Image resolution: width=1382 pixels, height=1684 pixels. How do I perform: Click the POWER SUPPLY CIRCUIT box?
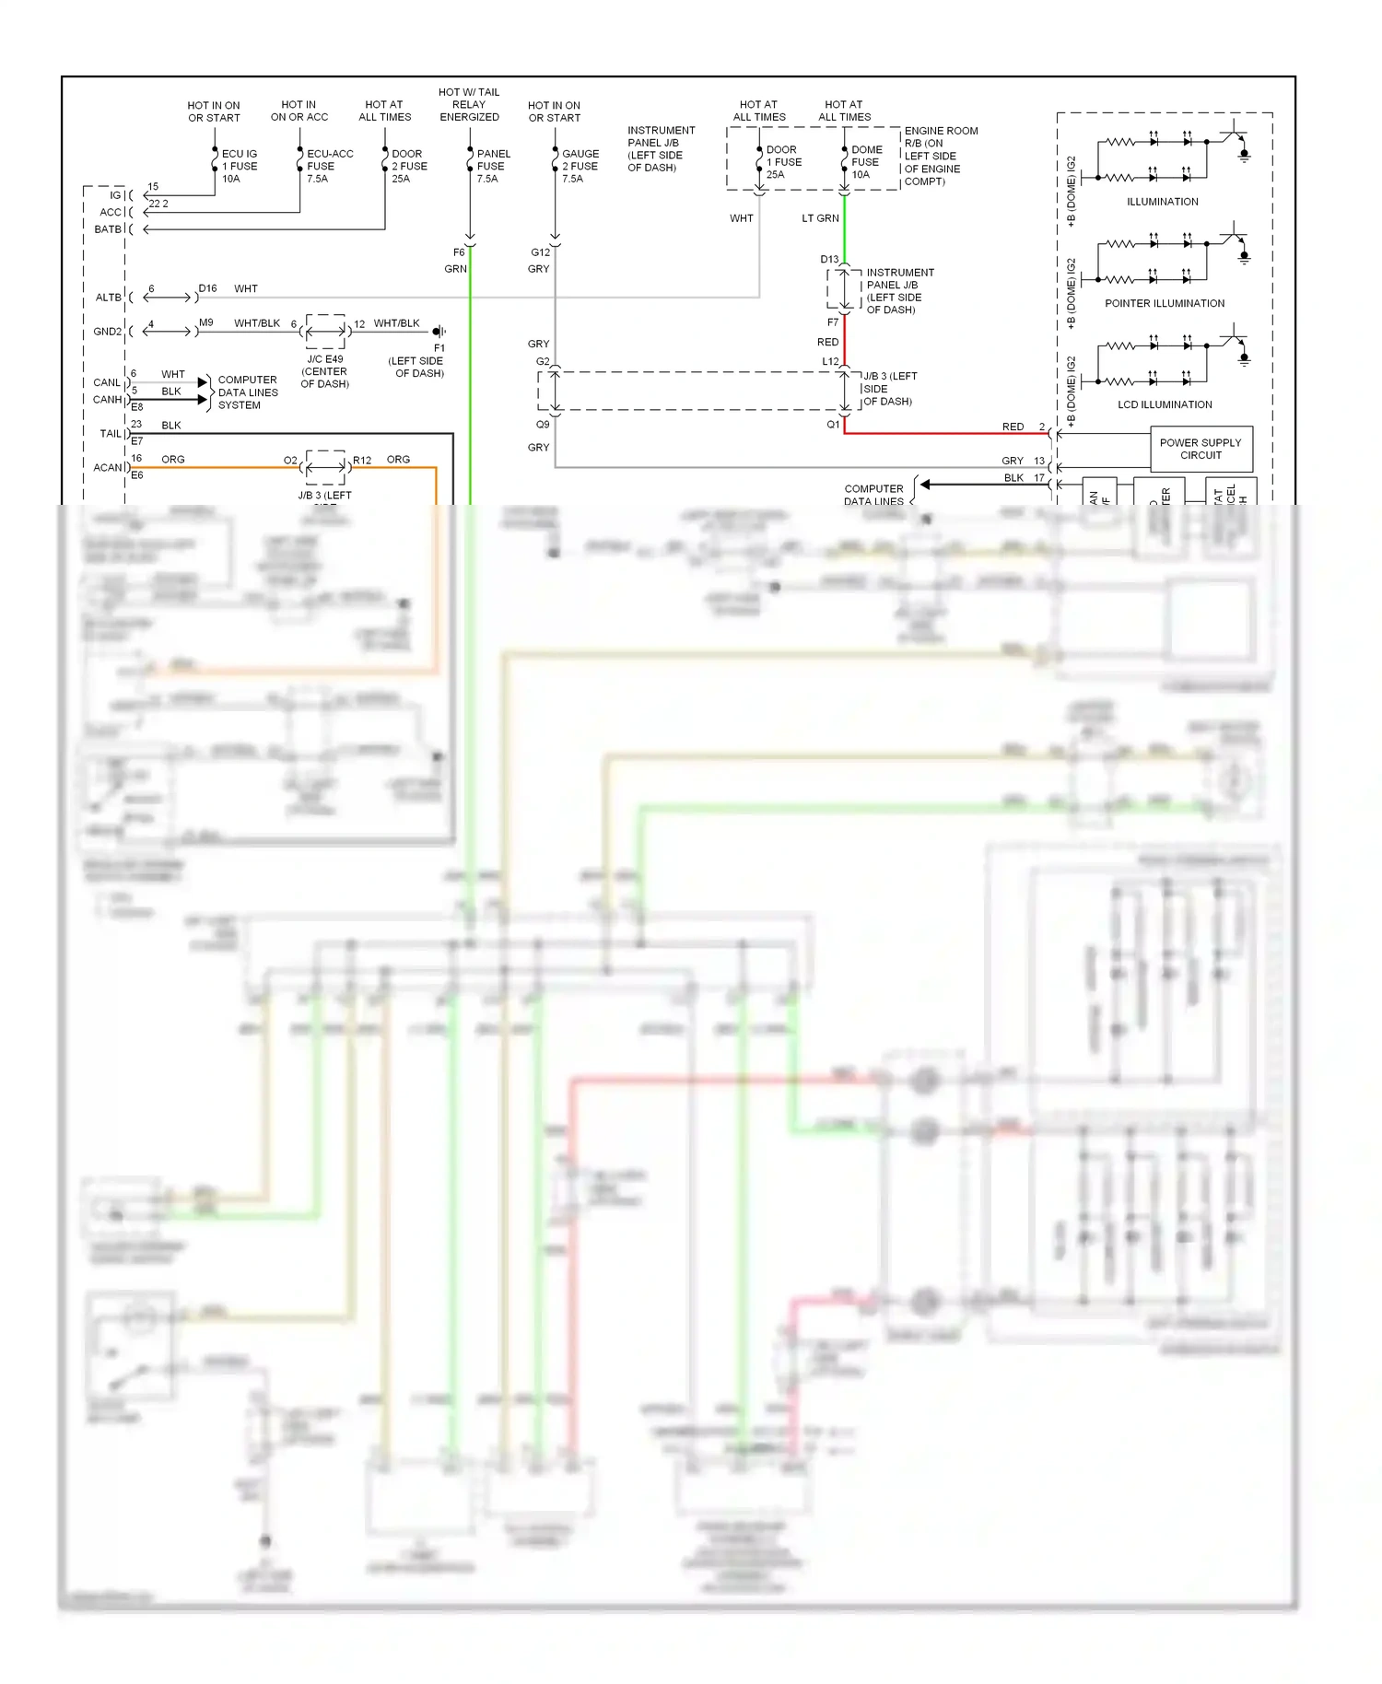1200,449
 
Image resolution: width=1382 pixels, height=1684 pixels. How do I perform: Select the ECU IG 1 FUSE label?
239,167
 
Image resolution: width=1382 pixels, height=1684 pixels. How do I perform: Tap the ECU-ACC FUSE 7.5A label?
329,167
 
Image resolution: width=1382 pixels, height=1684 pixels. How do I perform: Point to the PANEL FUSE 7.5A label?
493,167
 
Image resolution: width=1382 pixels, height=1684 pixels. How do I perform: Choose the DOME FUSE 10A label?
866,162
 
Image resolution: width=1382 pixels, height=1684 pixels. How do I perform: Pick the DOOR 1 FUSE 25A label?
783,162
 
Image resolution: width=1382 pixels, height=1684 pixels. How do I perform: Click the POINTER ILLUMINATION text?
1165,303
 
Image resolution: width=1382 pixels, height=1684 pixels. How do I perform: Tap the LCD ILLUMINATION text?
1165,404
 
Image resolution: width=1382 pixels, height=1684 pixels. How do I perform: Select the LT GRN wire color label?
820,218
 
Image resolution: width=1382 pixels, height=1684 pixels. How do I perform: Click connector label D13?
829,260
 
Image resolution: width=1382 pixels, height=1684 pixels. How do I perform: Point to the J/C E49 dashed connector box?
325,332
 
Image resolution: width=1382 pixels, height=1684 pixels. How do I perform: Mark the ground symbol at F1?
439,332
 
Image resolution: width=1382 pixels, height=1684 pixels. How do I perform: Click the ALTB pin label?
108,298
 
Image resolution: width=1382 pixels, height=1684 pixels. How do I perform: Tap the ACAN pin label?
107,468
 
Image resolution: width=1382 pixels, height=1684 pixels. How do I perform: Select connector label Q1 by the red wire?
833,425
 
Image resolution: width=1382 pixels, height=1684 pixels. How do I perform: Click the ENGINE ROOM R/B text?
941,137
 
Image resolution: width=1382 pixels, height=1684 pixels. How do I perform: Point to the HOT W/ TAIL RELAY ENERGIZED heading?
469,105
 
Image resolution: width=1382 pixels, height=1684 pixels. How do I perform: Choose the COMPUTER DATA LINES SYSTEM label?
247,392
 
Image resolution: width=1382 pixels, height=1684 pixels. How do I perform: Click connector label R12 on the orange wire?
362,461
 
